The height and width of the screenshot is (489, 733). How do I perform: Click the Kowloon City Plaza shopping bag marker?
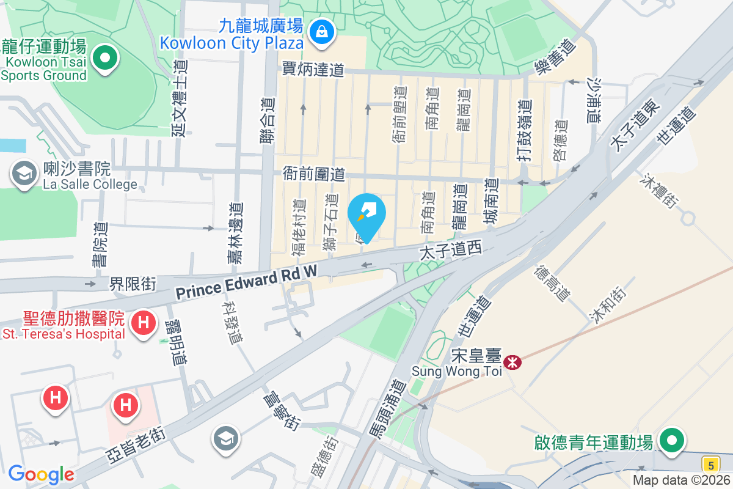pyautogui.click(x=321, y=30)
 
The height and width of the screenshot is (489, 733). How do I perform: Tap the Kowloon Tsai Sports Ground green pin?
pyautogui.click(x=104, y=59)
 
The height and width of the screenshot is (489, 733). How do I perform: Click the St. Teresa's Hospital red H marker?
pyautogui.click(x=144, y=321)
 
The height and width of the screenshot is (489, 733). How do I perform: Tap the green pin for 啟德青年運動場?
pyautogui.click(x=672, y=441)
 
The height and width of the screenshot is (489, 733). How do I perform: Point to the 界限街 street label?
pyautogui.click(x=133, y=284)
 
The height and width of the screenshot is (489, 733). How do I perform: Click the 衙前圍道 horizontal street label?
pyautogui.click(x=313, y=174)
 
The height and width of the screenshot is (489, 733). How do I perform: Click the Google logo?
pyautogui.click(x=41, y=474)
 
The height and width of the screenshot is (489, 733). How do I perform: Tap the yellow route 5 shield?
pyautogui.click(x=710, y=463)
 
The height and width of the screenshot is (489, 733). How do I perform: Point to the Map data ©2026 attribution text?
pyautogui.click(x=681, y=480)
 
